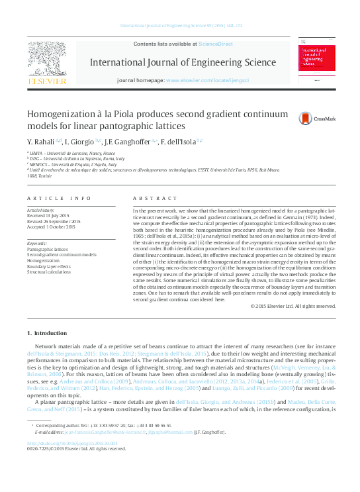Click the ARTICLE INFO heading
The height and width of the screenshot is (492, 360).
60,199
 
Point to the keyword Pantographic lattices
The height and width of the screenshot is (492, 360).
47,250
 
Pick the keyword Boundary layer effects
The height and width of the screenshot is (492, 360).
50,266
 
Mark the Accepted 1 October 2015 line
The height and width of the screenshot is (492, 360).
51,226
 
